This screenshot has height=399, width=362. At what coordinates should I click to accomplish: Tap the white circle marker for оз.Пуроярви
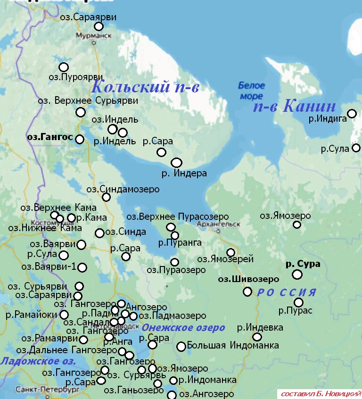coord(63,67)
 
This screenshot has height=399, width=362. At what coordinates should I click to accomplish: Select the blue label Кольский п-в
coord(145,87)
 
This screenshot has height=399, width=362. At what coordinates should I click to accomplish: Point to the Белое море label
coord(251,91)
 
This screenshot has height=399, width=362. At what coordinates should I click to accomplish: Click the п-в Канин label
coord(295,107)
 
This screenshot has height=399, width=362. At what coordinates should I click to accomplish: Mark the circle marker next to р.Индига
coord(352,114)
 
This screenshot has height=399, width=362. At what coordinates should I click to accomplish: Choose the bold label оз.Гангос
coord(50,137)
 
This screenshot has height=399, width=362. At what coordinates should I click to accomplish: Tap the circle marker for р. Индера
coord(176,163)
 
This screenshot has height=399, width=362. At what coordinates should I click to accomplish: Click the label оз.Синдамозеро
coord(123,189)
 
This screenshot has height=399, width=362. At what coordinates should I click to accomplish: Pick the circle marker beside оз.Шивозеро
coord(247,291)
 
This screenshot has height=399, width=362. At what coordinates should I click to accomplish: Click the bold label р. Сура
coord(303,264)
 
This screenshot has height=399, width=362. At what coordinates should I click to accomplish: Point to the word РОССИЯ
coord(286,292)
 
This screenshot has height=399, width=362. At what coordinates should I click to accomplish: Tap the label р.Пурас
coord(295,311)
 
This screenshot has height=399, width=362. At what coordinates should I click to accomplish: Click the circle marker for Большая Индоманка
coord(181,347)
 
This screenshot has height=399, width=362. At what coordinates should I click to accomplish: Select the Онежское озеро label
coord(183,328)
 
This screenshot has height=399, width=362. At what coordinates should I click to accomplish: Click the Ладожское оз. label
coord(38,362)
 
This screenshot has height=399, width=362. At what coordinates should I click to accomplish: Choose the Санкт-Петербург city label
coord(40,391)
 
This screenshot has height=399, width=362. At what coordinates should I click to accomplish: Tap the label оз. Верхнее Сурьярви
coord(88,100)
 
